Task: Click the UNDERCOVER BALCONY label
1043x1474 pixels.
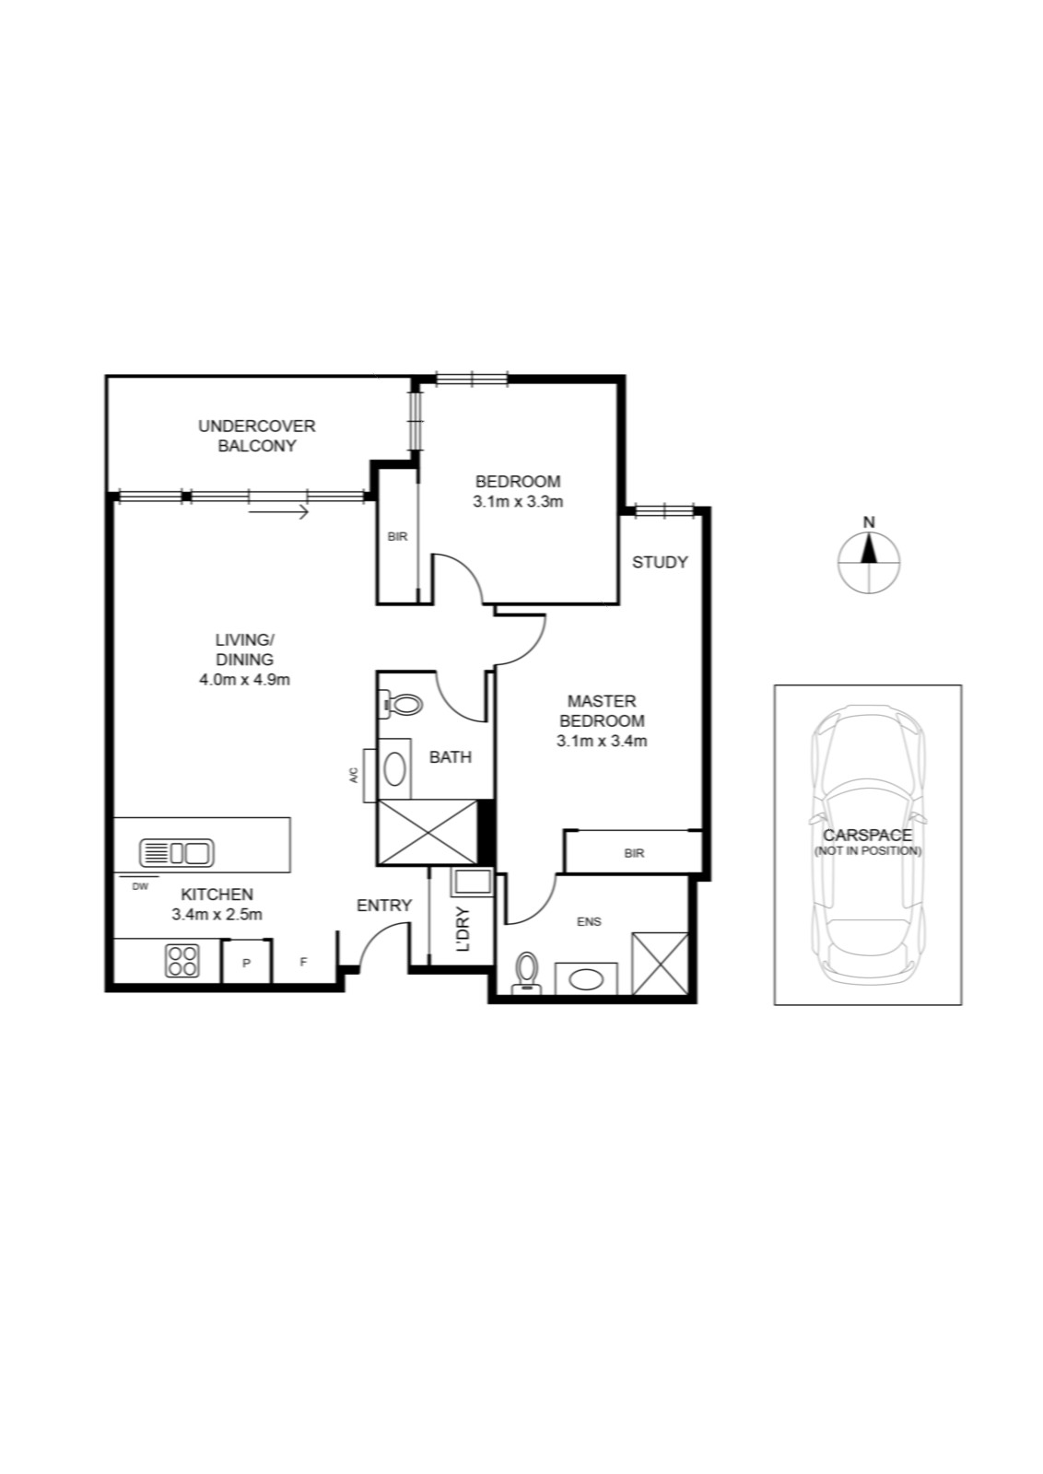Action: click(257, 436)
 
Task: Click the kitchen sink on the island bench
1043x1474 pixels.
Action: click(176, 853)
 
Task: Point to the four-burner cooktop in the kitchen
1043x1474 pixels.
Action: click(182, 960)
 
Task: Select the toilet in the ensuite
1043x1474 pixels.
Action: click(526, 972)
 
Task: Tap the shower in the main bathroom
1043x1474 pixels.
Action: click(428, 832)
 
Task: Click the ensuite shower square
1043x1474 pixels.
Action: click(660, 963)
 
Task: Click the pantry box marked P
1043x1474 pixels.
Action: click(246, 962)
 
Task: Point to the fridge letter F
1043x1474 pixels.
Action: click(303, 962)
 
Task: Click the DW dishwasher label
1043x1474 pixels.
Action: click(140, 886)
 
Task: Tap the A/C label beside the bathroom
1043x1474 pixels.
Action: click(354, 775)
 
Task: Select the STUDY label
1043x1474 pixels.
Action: click(660, 562)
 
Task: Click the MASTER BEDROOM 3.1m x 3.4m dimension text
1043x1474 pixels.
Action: click(602, 741)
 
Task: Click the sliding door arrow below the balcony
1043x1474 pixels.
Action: click(279, 511)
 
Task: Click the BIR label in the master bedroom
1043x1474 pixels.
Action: click(634, 853)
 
